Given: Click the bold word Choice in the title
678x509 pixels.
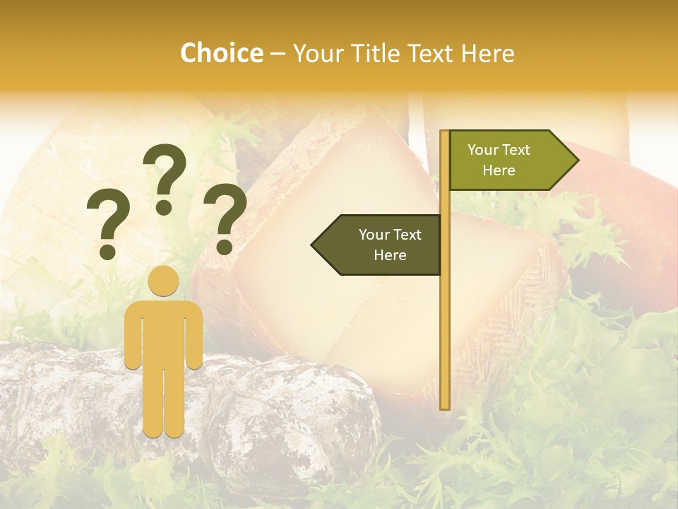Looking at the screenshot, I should [x=221, y=53].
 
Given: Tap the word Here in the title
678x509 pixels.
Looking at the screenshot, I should [x=488, y=53].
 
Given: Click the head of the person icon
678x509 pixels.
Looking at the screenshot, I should [x=164, y=281].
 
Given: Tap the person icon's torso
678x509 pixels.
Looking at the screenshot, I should [x=164, y=332].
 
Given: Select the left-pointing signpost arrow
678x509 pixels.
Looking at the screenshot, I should [x=378, y=245].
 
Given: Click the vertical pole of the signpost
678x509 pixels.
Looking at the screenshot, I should [x=444, y=318].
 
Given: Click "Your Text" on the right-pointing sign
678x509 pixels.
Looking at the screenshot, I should [x=499, y=150].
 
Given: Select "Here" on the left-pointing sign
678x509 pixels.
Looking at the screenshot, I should [x=390, y=255].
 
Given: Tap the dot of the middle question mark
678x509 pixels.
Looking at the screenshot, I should [x=165, y=207].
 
